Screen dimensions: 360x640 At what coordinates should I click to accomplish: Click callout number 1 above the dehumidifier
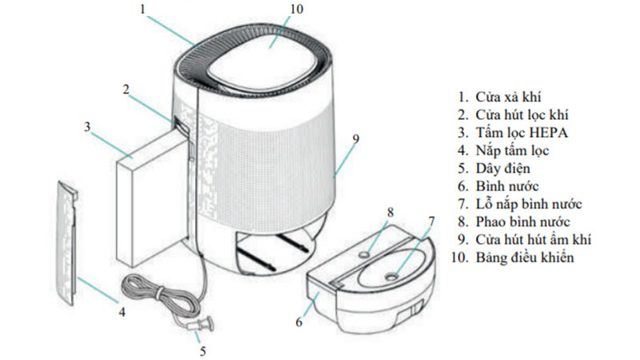pos(142,10)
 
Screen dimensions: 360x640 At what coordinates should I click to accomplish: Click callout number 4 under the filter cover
pos(122,312)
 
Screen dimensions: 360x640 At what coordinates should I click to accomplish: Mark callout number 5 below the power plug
pos(202,350)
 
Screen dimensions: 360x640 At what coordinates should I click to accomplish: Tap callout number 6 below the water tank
pos(299,322)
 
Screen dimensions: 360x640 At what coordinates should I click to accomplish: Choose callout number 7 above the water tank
pos(431,220)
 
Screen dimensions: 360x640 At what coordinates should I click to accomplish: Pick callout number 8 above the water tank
pos(390,212)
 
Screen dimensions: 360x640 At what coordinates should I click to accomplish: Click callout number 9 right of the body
pos(355,138)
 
